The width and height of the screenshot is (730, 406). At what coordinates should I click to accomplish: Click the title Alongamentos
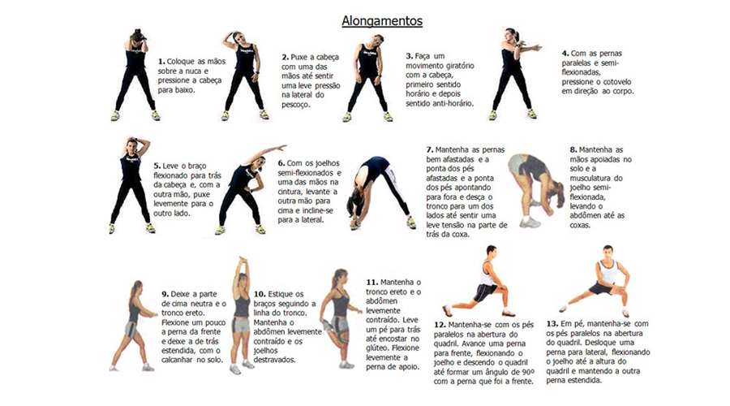pyautogui.click(x=382, y=21)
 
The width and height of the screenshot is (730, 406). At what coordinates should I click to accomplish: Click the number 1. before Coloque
pyautogui.click(x=161, y=62)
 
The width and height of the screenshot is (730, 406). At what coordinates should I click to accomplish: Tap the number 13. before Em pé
pyautogui.click(x=552, y=323)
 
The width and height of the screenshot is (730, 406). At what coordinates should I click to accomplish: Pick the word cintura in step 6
pyautogui.click(x=290, y=192)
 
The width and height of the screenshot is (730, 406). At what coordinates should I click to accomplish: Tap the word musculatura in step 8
pyautogui.click(x=591, y=178)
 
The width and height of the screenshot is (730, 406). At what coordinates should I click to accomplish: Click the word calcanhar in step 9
pyautogui.click(x=177, y=360)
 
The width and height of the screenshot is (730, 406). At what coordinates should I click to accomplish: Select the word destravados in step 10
pyautogui.click(x=274, y=360)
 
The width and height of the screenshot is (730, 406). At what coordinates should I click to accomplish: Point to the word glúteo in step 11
pyautogui.click(x=377, y=348)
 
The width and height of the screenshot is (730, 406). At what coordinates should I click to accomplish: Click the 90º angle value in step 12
pyautogui.click(x=527, y=372)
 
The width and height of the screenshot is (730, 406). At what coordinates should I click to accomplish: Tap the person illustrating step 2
pyautogui.click(x=243, y=76)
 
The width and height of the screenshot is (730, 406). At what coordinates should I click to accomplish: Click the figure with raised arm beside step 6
pyautogui.click(x=250, y=189)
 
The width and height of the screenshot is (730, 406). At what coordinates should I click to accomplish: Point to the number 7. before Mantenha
pyautogui.click(x=430, y=149)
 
